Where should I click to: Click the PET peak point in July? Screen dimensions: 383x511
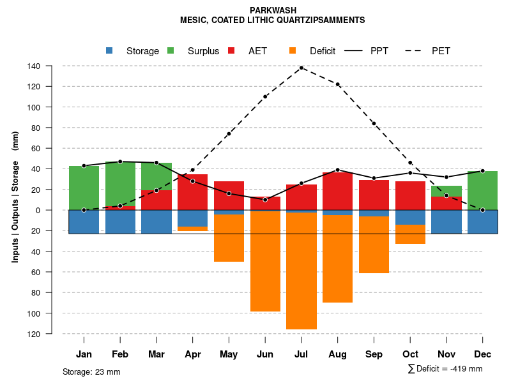pyautogui.click(x=301, y=68)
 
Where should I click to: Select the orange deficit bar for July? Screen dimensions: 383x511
pyautogui.click(x=301, y=271)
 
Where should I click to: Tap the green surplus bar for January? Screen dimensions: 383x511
pyautogui.click(x=84, y=188)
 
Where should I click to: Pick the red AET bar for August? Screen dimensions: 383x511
pyautogui.click(x=338, y=191)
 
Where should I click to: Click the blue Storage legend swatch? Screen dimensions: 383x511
pyautogui.click(x=109, y=50)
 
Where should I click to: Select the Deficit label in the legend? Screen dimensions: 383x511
pyautogui.click(x=323, y=51)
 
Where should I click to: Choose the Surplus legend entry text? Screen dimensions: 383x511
pyautogui.click(x=203, y=51)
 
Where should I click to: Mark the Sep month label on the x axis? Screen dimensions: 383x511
pyautogui.click(x=374, y=354)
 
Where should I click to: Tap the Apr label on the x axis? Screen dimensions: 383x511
pyautogui.click(x=193, y=354)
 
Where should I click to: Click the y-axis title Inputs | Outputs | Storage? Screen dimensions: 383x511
pyautogui.click(x=15, y=196)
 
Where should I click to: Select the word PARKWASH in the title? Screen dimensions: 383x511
pyautogui.click(x=273, y=11)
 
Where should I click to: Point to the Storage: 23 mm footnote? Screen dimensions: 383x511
pyautogui.click(x=91, y=372)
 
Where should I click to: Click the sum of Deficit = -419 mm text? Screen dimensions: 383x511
pyautogui.click(x=445, y=369)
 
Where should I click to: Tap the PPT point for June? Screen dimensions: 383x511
pyautogui.click(x=265, y=200)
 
